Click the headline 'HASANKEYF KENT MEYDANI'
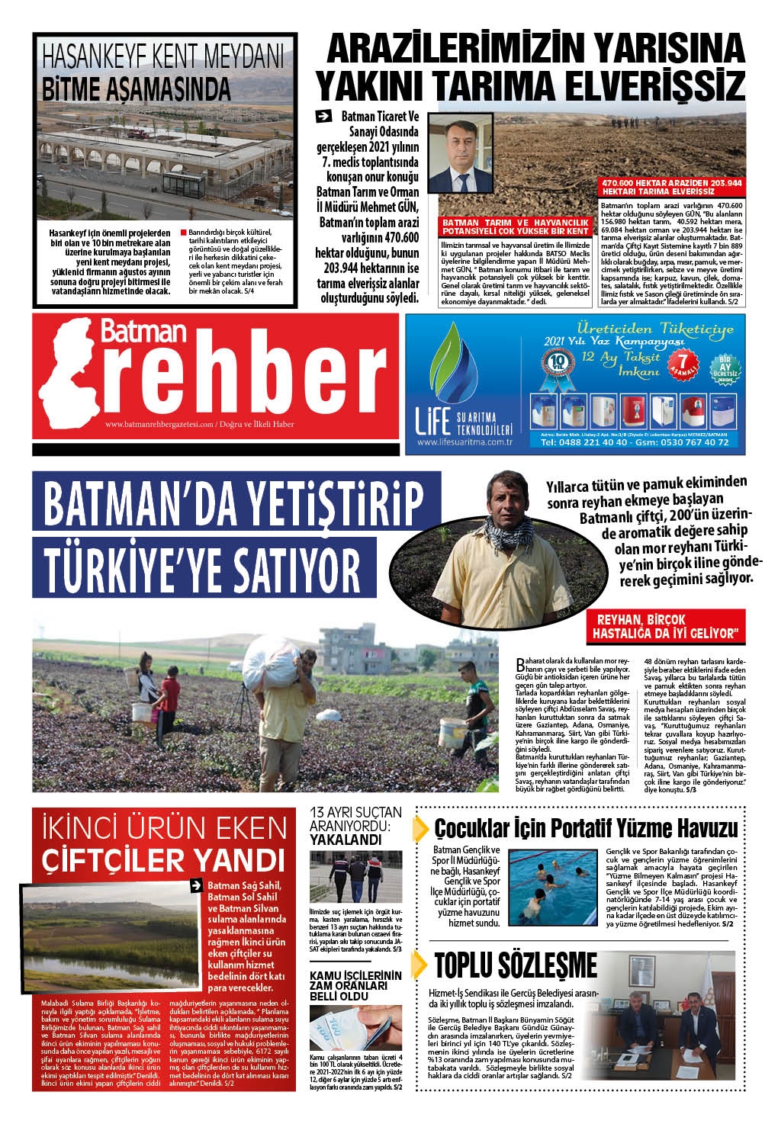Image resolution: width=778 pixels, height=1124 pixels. [x=163, y=58]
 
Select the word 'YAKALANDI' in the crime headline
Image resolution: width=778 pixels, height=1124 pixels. [x=345, y=840]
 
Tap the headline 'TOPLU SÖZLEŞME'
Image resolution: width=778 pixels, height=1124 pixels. [x=516, y=965]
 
